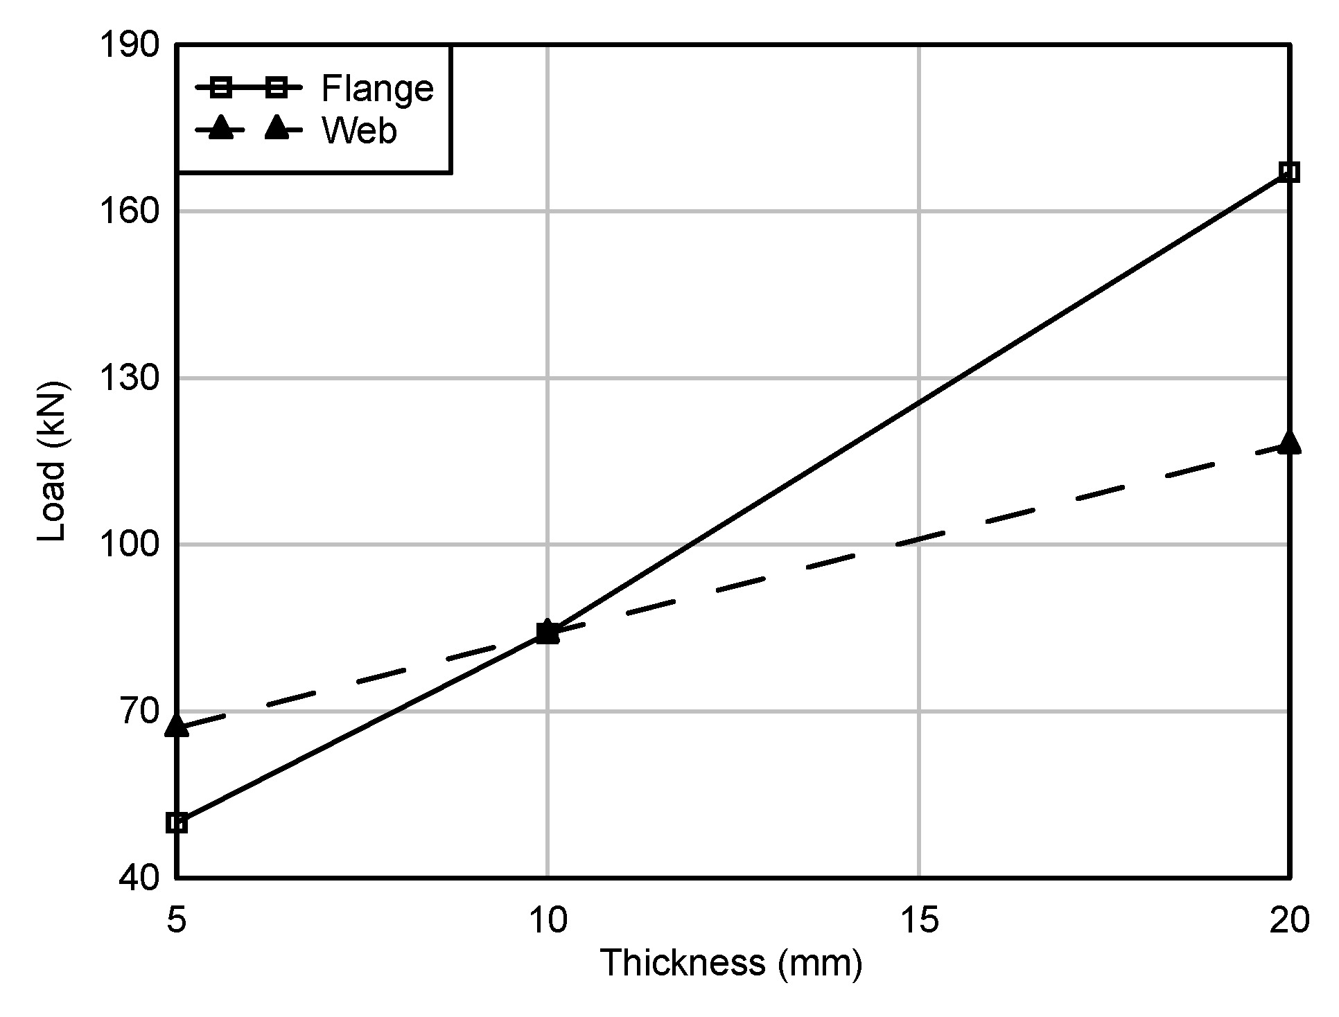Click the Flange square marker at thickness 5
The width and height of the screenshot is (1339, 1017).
[177, 823]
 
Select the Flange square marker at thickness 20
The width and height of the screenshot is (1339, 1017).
[1289, 172]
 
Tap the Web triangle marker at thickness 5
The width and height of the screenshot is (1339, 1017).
[177, 725]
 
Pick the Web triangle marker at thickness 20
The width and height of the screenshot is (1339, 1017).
[1289, 442]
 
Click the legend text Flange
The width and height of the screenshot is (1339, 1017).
[377, 89]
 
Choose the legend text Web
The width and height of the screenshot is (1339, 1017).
[359, 130]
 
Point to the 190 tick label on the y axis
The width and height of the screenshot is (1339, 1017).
[129, 46]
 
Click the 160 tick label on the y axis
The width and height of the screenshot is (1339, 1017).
[129, 212]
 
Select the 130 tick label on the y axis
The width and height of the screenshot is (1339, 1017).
[129, 379]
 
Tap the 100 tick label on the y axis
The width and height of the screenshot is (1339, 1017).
[129, 545]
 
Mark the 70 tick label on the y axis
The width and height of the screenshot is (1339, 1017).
[139, 711]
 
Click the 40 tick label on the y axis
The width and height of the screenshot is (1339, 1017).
[139, 878]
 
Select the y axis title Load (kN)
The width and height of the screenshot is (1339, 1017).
[53, 461]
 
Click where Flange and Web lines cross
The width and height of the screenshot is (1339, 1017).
[548, 632]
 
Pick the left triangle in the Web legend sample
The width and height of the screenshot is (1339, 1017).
[220, 128]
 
